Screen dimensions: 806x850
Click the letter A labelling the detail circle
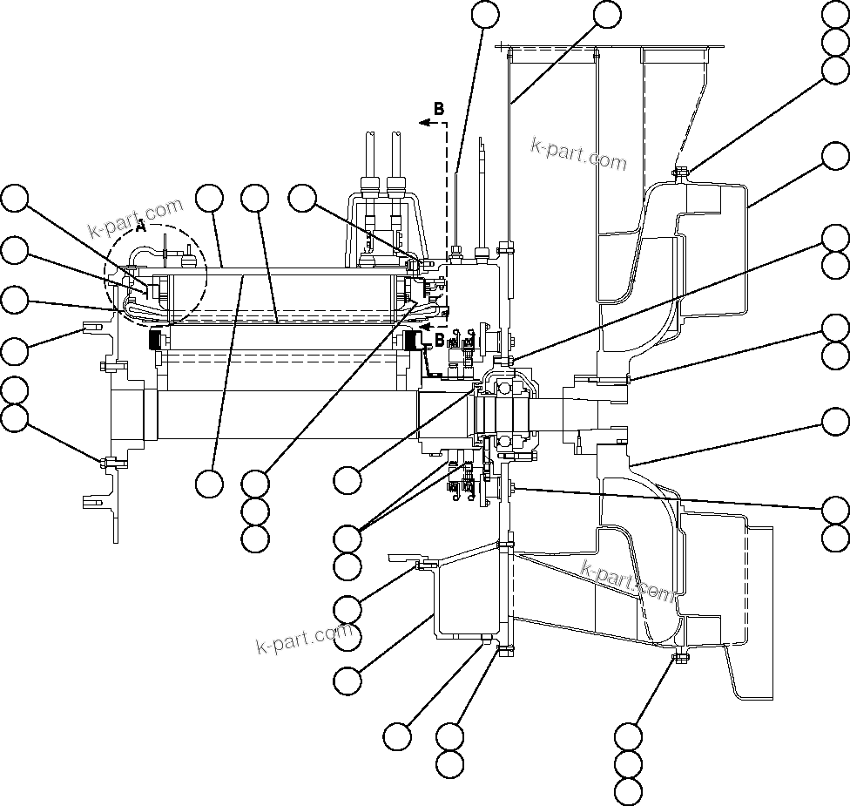(141, 227)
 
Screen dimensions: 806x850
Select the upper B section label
(439, 109)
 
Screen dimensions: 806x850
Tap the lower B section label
(439, 338)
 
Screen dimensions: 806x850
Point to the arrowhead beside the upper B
(423, 124)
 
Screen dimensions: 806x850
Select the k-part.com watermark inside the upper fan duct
(578, 154)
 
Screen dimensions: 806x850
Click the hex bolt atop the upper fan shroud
(681, 171)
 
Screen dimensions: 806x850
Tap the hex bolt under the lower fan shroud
(680, 656)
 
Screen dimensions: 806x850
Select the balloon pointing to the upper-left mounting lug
(14, 351)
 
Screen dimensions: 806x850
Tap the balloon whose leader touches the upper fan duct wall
(607, 14)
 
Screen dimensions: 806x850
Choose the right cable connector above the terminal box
(396, 186)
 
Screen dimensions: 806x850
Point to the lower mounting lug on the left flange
(91, 502)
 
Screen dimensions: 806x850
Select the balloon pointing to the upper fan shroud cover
(836, 156)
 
